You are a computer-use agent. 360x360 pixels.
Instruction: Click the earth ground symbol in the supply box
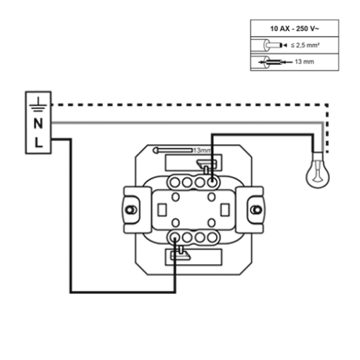click(x=38, y=104)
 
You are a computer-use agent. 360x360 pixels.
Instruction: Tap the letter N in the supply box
click(x=38, y=124)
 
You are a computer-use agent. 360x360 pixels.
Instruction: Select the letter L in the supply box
click(x=39, y=143)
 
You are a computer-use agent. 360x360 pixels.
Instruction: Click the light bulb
click(x=318, y=170)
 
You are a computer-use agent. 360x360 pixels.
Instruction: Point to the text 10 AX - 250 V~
click(x=294, y=29)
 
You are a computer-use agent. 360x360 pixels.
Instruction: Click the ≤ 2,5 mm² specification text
click(x=305, y=45)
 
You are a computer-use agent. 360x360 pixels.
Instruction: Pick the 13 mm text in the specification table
click(x=304, y=61)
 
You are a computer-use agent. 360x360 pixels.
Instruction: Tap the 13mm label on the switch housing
click(x=203, y=150)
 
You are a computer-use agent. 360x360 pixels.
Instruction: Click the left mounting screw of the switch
click(x=131, y=210)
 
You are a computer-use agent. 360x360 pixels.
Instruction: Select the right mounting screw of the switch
click(x=256, y=210)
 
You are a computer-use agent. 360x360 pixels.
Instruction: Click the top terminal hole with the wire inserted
click(x=212, y=182)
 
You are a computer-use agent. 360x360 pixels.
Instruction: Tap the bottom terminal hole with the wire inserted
click(x=175, y=238)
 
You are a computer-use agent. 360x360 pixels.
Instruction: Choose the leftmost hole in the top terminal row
click(x=175, y=182)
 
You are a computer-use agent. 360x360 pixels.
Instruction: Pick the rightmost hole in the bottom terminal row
click(x=212, y=238)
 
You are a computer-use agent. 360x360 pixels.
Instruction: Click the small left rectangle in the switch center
click(x=162, y=210)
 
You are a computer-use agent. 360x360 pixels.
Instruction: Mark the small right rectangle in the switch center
click(x=225, y=210)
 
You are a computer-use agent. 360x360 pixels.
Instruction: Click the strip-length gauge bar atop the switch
click(x=172, y=150)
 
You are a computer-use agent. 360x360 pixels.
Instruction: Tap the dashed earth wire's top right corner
click(x=328, y=104)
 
